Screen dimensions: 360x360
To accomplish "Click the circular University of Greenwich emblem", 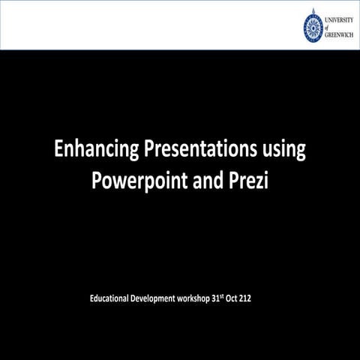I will click(x=314, y=25).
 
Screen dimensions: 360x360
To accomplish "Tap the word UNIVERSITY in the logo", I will click(x=341, y=18).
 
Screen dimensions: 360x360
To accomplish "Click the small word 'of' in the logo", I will click(x=330, y=26).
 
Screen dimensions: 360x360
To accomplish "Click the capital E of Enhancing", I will click(x=59, y=150).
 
